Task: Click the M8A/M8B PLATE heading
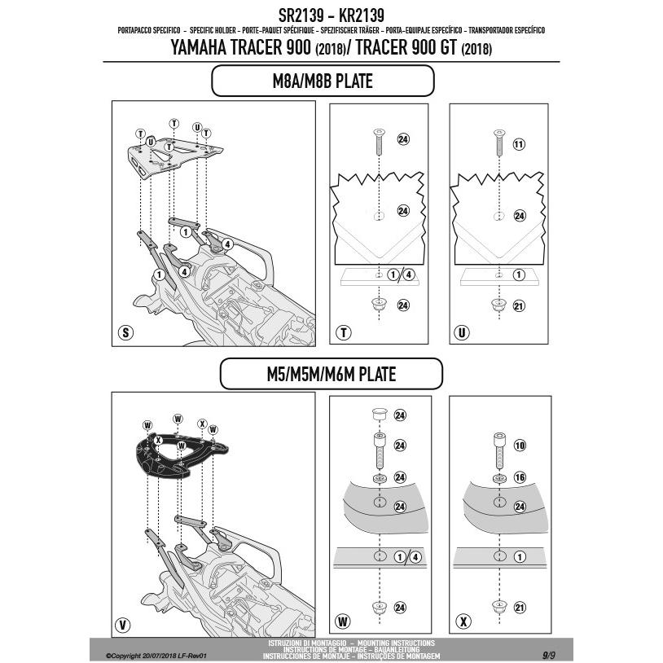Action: [x=323, y=81]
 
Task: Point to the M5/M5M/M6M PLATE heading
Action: [x=331, y=375]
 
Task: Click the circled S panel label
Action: [x=125, y=332]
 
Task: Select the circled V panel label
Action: [x=123, y=625]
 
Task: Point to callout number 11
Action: [x=520, y=144]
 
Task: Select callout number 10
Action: [x=520, y=446]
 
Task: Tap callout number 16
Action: [x=520, y=476]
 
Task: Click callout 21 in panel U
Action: [x=520, y=305]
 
